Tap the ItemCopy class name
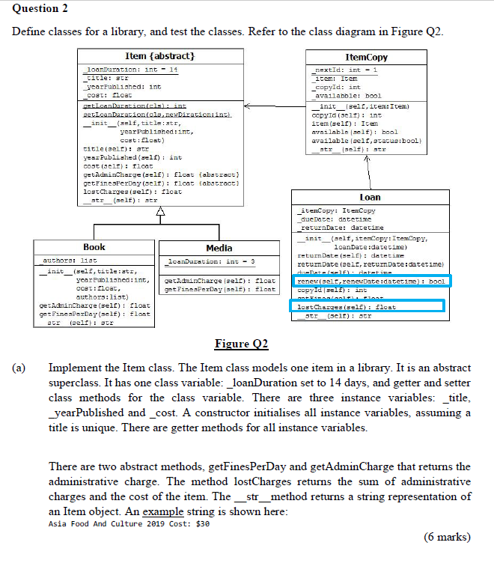coord(367,57)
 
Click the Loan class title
coord(370,197)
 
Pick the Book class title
coord(94,246)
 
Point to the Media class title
coord(219,247)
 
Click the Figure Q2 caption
coord(241,344)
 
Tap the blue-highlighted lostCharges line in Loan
coord(367,306)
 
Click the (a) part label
coord(18,368)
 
